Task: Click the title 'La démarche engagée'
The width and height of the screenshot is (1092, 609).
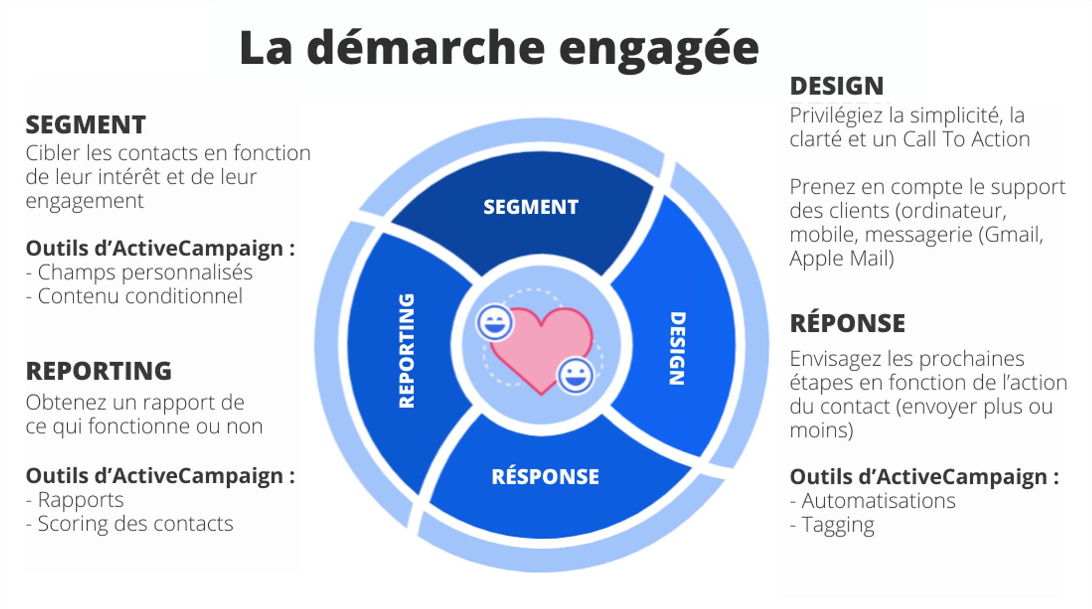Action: (499, 48)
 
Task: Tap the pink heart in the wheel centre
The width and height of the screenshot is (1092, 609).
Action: (540, 347)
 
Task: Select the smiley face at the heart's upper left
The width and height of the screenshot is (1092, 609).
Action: (494, 322)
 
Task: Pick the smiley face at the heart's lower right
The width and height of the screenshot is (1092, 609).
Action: (575, 375)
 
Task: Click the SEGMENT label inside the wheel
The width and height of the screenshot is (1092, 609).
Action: (531, 207)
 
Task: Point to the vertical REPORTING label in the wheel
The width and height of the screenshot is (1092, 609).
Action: (407, 351)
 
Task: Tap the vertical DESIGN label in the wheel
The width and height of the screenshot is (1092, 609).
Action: (677, 348)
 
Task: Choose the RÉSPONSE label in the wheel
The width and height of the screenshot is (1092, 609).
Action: (545, 477)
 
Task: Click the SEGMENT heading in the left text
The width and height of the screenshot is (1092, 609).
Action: (86, 125)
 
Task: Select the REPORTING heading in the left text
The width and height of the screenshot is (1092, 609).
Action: (98, 371)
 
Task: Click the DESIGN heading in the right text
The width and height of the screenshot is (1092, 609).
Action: (837, 86)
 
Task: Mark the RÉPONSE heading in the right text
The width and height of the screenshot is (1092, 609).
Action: (847, 324)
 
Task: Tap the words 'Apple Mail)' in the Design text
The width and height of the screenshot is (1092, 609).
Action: (842, 259)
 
